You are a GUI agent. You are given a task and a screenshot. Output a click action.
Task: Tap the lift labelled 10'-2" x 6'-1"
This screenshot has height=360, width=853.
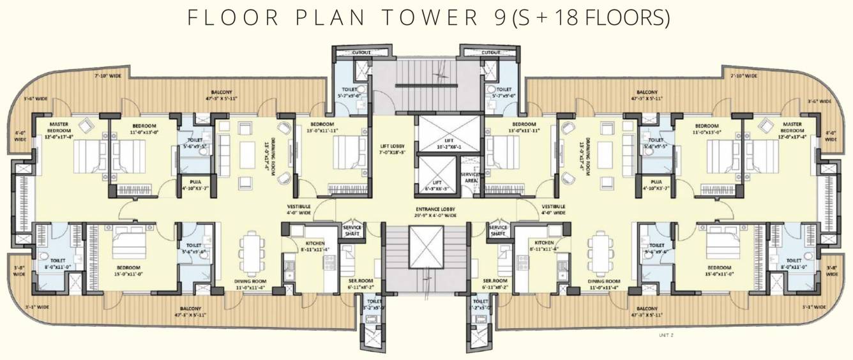tap(448, 142)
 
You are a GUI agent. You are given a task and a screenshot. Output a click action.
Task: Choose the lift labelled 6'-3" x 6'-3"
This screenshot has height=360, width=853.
tap(437, 185)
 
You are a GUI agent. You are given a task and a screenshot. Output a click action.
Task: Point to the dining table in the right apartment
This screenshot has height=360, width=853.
tap(601, 253)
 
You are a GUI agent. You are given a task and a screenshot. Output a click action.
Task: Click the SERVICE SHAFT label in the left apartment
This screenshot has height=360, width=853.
tap(352, 230)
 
